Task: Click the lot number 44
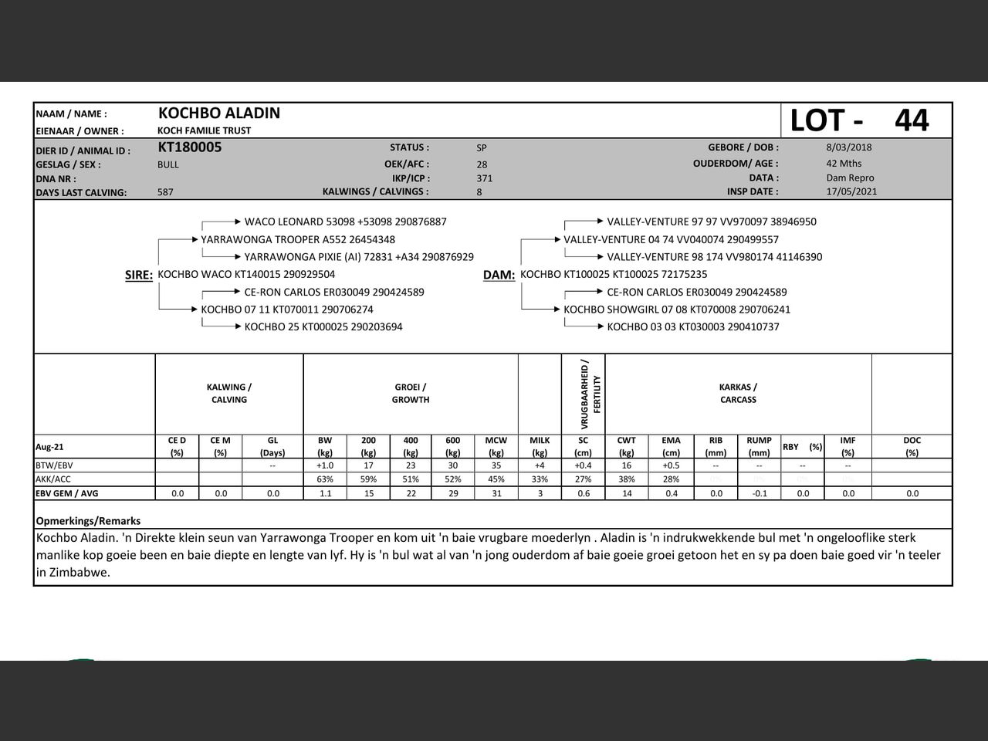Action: [912, 120]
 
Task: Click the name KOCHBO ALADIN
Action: [219, 113]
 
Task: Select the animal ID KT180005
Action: [190, 147]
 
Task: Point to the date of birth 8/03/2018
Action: [849, 147]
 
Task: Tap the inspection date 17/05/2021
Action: [851, 191]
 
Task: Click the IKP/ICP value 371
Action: [485, 178]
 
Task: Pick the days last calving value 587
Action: [165, 192]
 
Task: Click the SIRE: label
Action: [139, 275]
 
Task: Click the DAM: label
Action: [499, 275]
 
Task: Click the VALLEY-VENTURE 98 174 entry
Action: [714, 257]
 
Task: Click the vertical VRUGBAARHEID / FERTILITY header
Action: [590, 394]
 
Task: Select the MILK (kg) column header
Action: [540, 446]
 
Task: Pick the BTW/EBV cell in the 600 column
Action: [453, 465]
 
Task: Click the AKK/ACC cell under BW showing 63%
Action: [325, 479]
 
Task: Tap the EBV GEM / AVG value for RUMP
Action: [760, 493]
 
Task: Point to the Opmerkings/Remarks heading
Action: [88, 521]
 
